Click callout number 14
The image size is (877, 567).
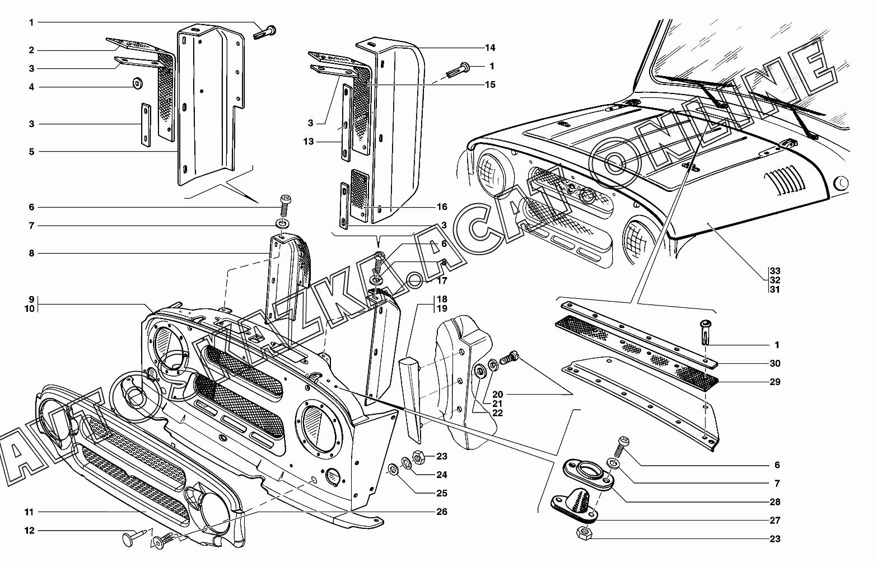coord(491,48)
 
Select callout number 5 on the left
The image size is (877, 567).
coord(32,152)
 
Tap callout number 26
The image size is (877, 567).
coord(442,512)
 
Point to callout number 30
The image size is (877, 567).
coord(775,363)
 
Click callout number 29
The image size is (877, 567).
coord(775,382)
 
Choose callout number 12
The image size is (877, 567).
coord(29,530)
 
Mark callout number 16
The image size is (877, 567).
coord(442,207)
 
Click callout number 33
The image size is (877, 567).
coord(775,270)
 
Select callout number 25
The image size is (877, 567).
coord(442,493)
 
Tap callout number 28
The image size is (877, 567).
coord(775,502)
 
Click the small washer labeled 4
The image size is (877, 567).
coord(137,84)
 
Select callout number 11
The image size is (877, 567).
coord(29,512)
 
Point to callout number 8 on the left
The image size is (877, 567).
coord(32,253)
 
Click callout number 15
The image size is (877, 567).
coord(491,85)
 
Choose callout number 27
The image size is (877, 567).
coord(775,521)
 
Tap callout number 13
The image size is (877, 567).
coord(309,142)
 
